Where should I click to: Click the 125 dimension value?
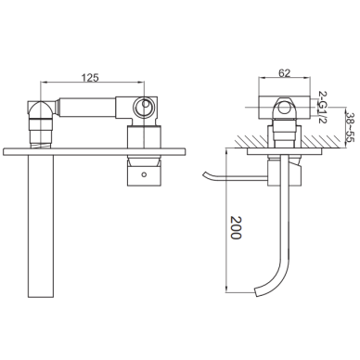[x=90, y=77]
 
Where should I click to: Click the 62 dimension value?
[x=285, y=73]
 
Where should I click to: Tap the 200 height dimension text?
[x=236, y=227]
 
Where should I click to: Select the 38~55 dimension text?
[x=350, y=126]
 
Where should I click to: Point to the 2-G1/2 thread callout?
[x=322, y=107]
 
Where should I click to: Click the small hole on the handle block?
[x=143, y=174]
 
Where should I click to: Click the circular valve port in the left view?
[x=143, y=107]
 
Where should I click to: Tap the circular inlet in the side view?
[x=283, y=108]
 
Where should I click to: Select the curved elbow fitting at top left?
[x=41, y=109]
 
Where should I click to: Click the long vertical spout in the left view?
[x=41, y=226]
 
